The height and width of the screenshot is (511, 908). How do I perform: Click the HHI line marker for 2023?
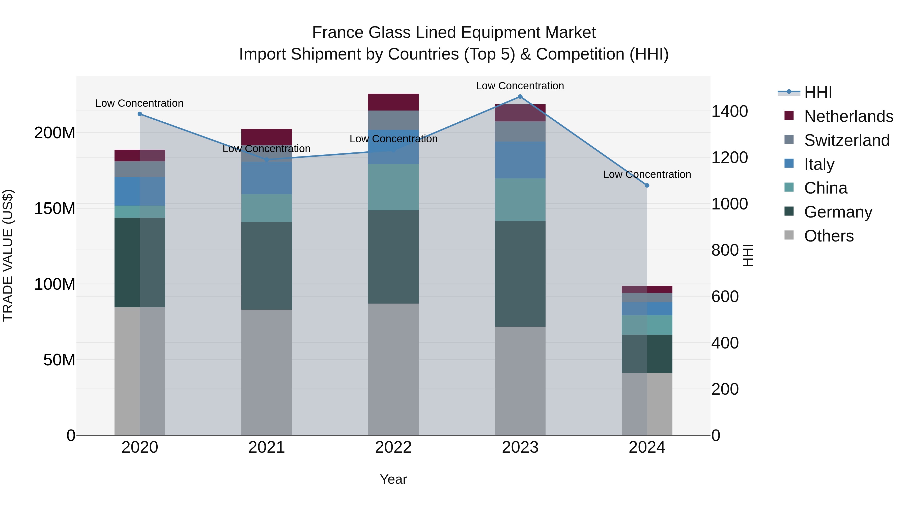pyautogui.click(x=520, y=97)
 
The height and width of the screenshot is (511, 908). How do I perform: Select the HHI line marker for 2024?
pyautogui.click(x=647, y=185)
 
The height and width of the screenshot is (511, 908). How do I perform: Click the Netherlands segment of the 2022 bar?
pyautogui.click(x=393, y=102)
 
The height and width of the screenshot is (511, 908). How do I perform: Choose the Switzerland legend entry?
pyautogui.click(x=847, y=140)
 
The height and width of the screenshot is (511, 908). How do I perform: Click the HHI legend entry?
pyautogui.click(x=818, y=92)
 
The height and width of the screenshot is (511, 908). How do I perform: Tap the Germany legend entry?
pyautogui.click(x=838, y=212)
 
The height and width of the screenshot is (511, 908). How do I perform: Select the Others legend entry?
pyautogui.click(x=829, y=236)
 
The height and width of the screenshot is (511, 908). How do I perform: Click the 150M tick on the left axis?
pyautogui.click(x=55, y=208)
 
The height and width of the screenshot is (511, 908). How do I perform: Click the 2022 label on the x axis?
pyautogui.click(x=393, y=447)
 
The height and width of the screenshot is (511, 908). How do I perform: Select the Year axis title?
pyautogui.click(x=393, y=479)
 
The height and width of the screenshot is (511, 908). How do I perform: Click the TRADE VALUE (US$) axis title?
pyautogui.click(x=8, y=255)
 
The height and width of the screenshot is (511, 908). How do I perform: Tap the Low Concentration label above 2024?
pyautogui.click(x=647, y=174)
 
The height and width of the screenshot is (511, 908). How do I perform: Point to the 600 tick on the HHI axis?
pyautogui.click(x=725, y=297)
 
